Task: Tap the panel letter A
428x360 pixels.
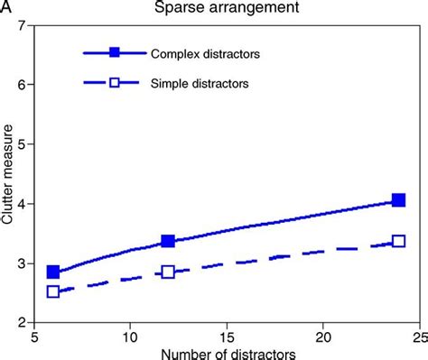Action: pos(7,9)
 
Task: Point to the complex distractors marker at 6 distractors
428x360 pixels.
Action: pos(53,272)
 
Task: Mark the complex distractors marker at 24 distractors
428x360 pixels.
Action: pos(398,200)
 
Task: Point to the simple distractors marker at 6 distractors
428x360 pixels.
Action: pos(53,291)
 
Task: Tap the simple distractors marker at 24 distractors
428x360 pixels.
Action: pos(398,241)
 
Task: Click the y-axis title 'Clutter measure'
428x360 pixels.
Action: pos(8,177)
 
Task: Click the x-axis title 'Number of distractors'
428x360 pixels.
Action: pos(226,351)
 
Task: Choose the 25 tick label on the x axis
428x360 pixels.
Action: pos(416,333)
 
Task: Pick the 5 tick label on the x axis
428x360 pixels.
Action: pos(34,333)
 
